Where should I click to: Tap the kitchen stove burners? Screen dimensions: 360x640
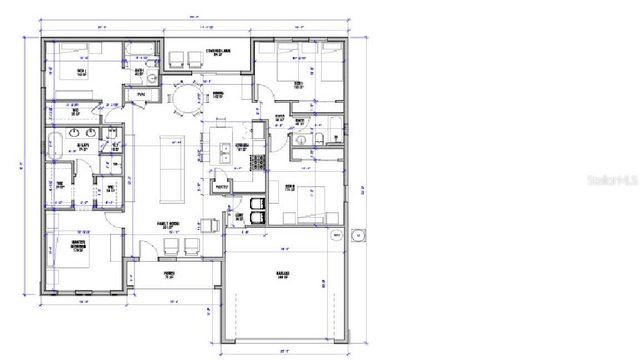[258, 160]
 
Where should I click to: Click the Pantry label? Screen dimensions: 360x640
[222, 186]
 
